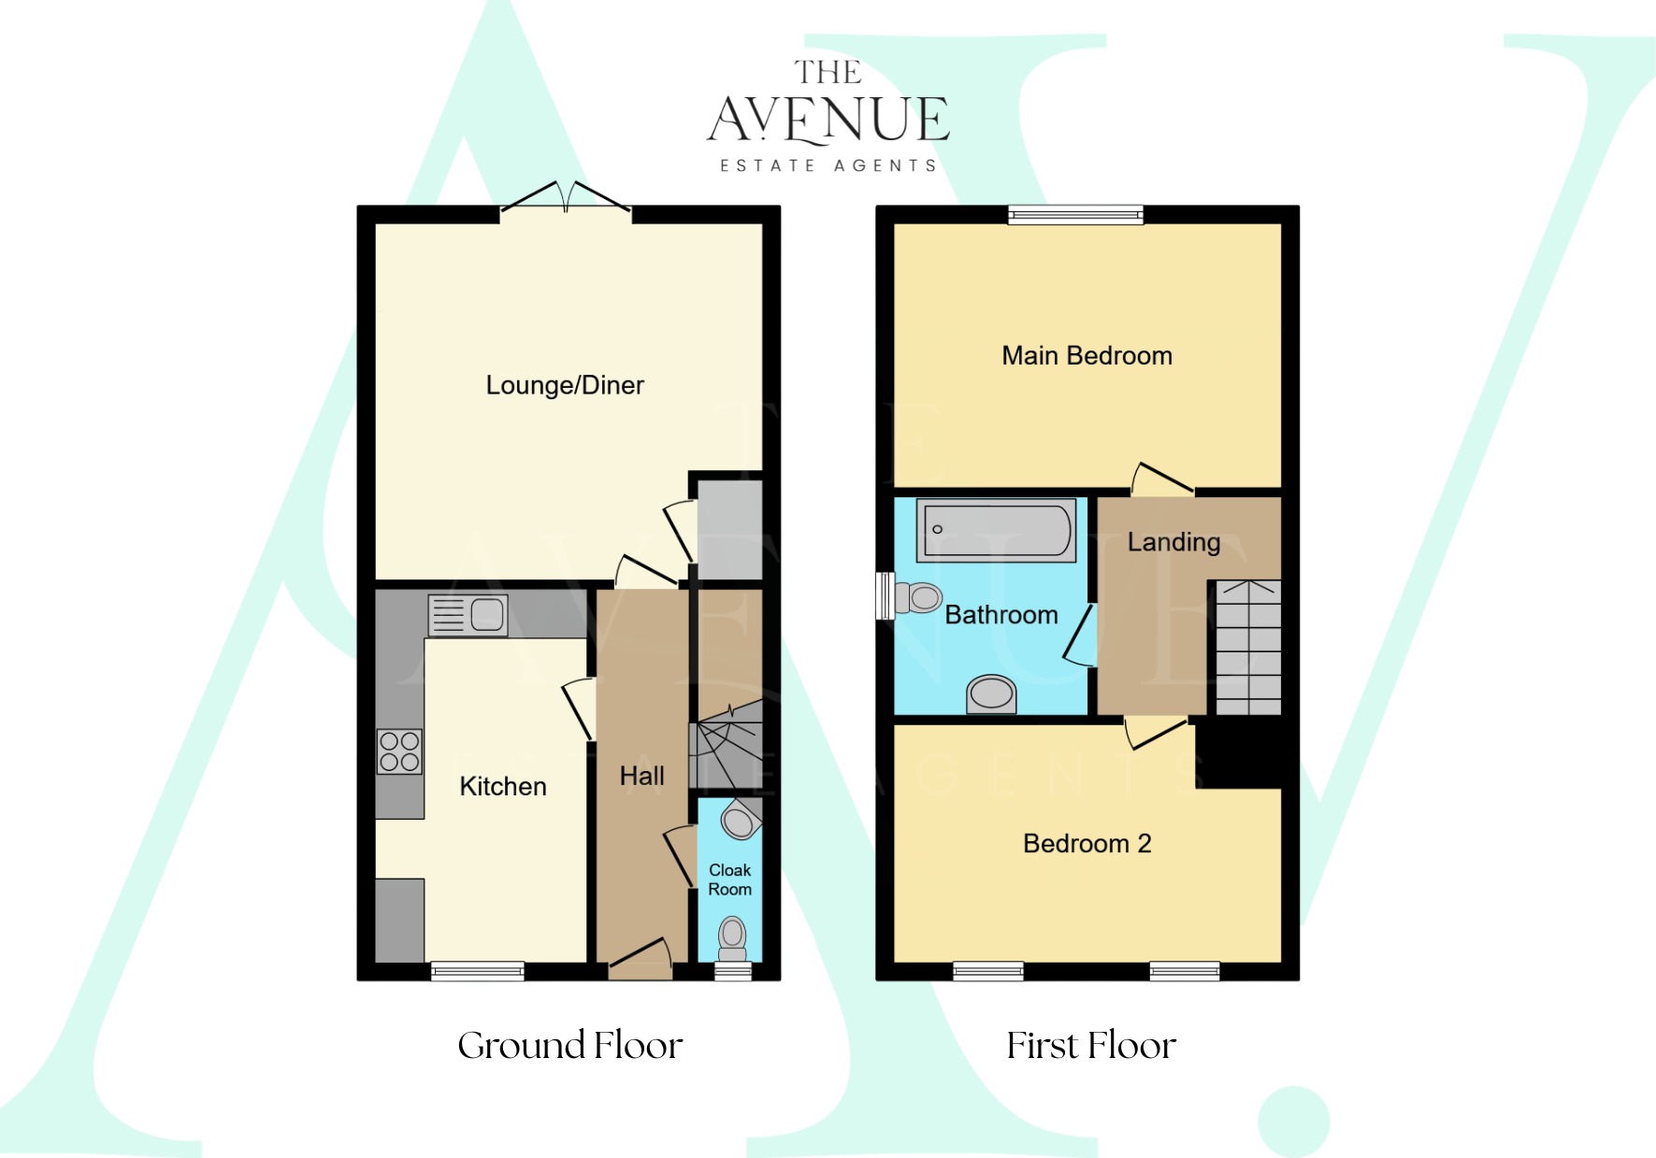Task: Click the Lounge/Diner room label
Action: [565, 385]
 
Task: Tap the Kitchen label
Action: [503, 786]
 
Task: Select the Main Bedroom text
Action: [1087, 356]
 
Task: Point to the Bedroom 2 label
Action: [1087, 844]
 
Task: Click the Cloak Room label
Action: [729, 879]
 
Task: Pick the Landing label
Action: [1174, 542]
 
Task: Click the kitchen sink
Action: [468, 615]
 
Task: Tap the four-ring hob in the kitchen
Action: [399, 751]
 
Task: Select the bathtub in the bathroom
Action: [996, 530]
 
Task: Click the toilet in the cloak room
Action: [732, 937]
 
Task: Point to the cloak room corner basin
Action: [740, 822]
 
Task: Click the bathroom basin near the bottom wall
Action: [991, 693]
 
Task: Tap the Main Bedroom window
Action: [1075, 215]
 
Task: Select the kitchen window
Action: [477, 971]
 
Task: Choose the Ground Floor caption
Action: [570, 1045]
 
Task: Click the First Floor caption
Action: [1091, 1045]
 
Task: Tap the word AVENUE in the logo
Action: [828, 120]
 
